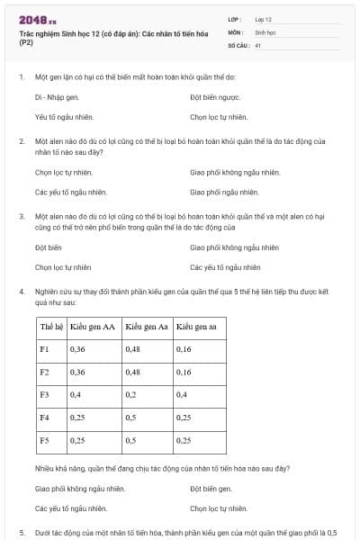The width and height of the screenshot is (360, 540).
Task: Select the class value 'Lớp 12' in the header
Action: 264,18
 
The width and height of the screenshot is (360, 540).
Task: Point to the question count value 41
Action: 258,43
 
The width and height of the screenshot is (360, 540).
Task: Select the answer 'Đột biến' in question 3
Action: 48,246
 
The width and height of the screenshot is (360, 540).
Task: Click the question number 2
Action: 22,141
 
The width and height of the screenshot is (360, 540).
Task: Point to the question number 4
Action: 22,292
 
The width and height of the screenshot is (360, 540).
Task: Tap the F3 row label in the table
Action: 45,394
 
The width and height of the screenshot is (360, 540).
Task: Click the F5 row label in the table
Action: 45,440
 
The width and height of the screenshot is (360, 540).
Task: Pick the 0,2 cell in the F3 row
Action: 132,394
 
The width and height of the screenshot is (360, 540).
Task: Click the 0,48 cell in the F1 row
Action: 133,348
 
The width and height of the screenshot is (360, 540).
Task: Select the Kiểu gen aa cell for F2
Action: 184,371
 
